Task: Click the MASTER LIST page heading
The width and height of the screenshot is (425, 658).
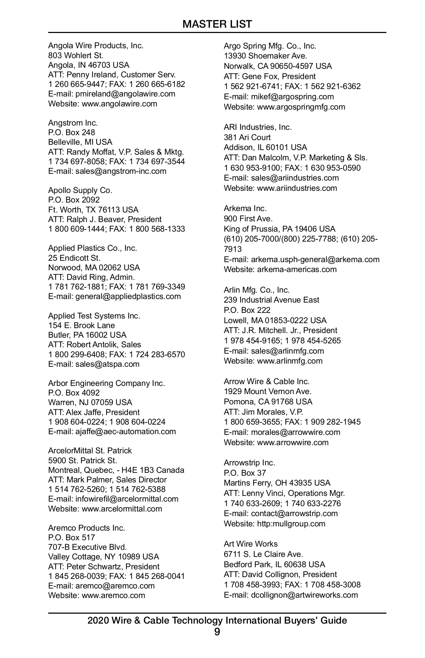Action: pos(217,24)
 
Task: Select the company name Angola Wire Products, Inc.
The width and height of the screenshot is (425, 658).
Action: pos(96,45)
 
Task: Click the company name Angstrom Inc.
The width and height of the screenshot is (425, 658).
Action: pos(73,123)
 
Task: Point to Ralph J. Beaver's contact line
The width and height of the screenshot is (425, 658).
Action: pos(105,219)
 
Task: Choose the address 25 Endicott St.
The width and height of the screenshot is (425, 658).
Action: pos(74,258)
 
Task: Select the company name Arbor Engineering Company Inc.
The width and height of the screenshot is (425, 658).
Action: pos(107,383)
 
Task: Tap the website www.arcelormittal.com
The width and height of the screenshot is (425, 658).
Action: pos(122,509)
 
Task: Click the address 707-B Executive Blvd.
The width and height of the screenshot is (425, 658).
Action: pos(87,547)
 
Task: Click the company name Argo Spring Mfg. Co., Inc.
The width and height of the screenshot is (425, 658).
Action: pos(270,46)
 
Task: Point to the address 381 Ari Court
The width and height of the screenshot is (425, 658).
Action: pos(247,137)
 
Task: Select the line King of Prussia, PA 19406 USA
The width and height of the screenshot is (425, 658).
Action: pos(279,229)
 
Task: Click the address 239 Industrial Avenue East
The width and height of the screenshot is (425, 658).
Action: pos(271,300)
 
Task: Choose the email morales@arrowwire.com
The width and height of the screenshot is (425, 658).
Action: pos(295,432)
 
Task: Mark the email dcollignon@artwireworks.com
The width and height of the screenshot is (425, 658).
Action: pos(304,595)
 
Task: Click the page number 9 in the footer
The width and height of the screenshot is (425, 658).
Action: pos(217,632)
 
